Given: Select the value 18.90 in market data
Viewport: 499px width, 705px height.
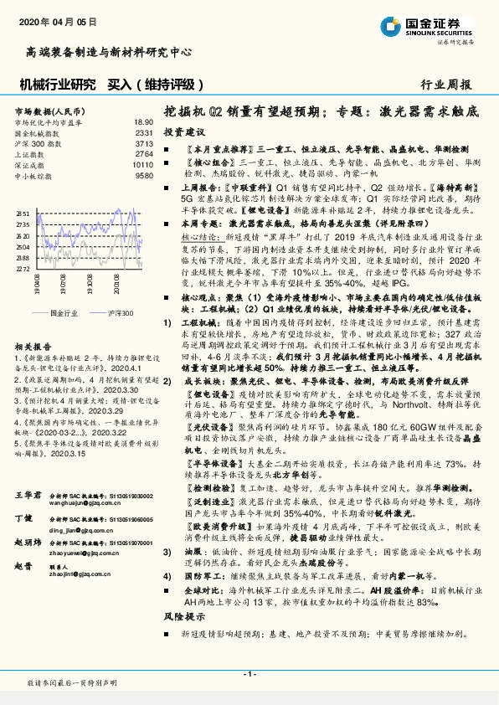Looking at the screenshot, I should (143, 122).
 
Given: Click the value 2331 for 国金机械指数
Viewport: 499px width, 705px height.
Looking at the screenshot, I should (144, 132).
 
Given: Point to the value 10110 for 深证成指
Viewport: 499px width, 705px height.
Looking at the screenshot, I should (143, 165).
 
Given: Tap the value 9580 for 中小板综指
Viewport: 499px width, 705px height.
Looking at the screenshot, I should (144, 176).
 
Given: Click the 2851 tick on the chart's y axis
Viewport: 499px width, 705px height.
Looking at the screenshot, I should (23, 214).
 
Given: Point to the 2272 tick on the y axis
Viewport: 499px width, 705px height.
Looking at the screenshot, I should (23, 270).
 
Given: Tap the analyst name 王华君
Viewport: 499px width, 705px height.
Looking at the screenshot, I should (28, 497).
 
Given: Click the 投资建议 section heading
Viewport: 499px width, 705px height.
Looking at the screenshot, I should (183, 132).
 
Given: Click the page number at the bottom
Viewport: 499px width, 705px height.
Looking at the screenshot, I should (249, 674).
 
